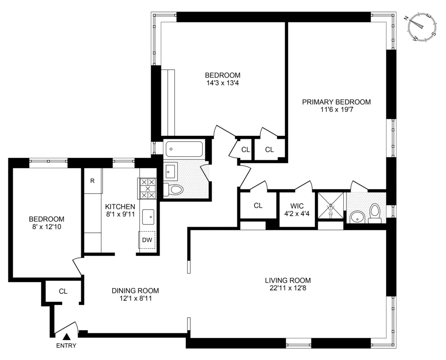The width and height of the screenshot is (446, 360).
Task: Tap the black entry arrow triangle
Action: click(x=67, y=337)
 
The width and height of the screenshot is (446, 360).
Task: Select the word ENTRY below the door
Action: click(x=67, y=346)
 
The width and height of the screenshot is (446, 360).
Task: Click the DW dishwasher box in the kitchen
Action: click(x=147, y=240)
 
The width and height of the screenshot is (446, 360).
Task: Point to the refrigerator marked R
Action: click(x=93, y=181)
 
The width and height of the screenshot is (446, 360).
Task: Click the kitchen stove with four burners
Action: click(x=147, y=188)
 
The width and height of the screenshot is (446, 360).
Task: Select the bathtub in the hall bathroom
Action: click(x=184, y=149)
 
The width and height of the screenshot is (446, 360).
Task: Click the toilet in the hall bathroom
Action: click(x=174, y=189)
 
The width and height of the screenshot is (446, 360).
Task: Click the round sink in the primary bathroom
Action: click(x=357, y=217)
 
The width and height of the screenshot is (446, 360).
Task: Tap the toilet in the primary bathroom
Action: click(x=375, y=214)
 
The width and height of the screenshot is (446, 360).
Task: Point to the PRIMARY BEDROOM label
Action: click(x=336, y=102)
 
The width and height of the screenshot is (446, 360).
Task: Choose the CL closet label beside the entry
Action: click(x=63, y=292)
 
